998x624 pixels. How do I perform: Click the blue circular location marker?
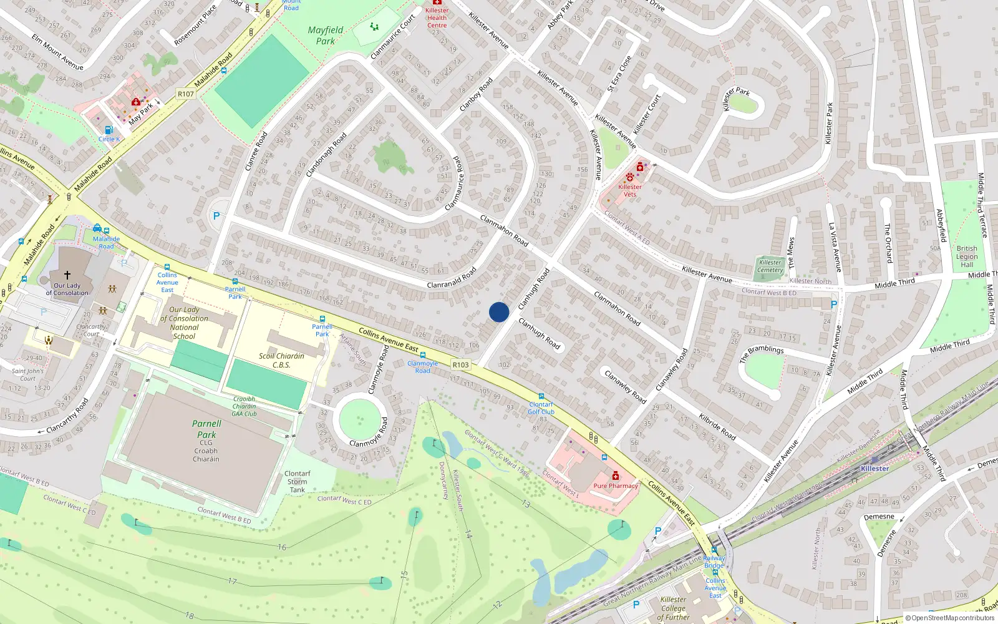coord(499,312)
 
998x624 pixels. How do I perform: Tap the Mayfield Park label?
coord(326,36)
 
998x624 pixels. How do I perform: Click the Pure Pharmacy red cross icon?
coord(616,475)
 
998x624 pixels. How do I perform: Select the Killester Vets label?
coord(630,190)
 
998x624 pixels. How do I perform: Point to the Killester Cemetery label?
coord(770,266)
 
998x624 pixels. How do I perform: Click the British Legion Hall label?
coord(967,256)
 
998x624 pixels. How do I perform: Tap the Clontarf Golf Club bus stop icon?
coord(541,396)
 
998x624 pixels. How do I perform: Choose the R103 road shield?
coord(460,365)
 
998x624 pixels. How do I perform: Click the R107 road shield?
coord(186,94)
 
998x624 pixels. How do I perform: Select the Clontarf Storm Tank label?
coord(298,482)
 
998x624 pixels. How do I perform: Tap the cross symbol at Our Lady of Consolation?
coord(67,275)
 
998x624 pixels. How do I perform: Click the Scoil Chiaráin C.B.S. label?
coord(281,360)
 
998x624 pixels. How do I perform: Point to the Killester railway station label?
coord(874,469)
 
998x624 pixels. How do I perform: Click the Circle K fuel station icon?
coord(109,130)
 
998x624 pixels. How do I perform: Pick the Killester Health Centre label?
coord(437,17)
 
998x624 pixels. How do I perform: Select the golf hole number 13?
coord(526,504)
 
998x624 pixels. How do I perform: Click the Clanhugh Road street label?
coord(533,288)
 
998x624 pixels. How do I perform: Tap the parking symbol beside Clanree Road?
coord(216,216)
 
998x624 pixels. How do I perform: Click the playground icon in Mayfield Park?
coord(374,27)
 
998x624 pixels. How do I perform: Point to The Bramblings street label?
coord(762,354)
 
